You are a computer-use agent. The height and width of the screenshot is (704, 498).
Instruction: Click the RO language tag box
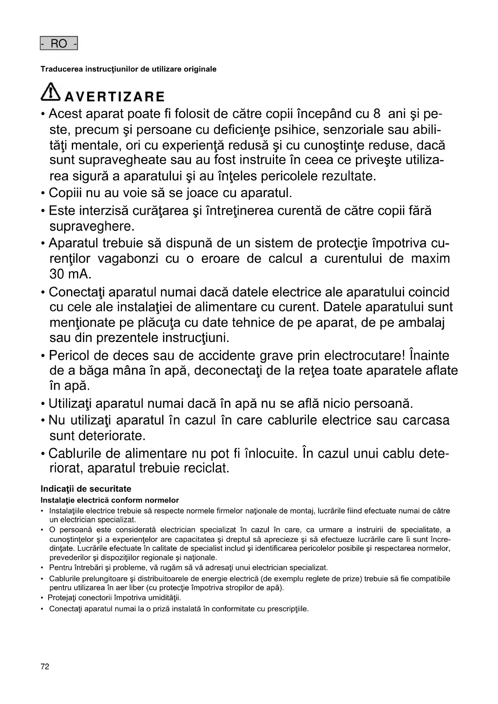59,43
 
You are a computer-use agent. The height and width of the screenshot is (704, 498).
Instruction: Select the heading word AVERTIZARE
115,97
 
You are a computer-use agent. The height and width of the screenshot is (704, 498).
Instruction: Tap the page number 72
45,667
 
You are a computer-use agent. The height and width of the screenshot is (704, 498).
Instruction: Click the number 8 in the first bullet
376,114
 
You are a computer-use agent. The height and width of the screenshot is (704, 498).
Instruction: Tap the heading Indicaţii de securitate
86,489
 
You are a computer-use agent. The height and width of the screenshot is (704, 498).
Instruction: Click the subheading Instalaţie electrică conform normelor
110,500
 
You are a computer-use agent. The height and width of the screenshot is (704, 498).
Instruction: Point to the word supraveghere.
92,226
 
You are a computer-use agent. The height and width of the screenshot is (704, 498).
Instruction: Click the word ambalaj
423,323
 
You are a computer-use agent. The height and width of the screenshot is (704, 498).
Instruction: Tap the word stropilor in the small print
211,588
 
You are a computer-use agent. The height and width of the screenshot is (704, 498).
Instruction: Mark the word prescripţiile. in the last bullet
287,609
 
